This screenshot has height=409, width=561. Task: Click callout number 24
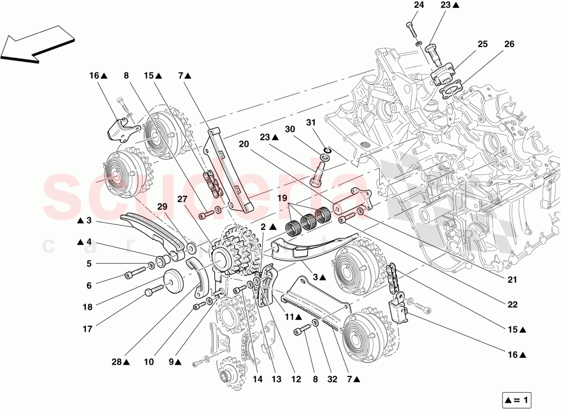point(419,6)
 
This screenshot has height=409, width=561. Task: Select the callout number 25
point(482,44)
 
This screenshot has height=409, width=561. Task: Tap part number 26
point(509,44)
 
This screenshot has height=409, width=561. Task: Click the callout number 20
point(243,144)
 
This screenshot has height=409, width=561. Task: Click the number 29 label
point(162,207)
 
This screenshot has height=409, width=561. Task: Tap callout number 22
point(512,305)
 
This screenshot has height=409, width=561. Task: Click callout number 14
point(257,379)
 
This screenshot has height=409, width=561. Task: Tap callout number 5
point(89,263)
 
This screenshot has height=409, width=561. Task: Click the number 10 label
point(148,362)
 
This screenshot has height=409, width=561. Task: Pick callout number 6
point(89,285)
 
